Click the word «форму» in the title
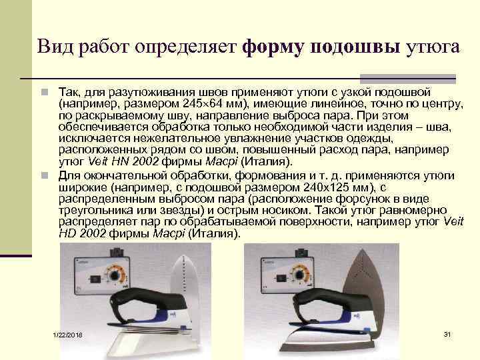click(273, 47)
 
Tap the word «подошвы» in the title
click(355, 47)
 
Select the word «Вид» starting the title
click(55, 47)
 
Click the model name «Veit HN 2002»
click(123, 161)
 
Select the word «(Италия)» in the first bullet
click(267, 161)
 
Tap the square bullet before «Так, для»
click(45, 92)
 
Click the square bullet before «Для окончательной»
click(45, 175)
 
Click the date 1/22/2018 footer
click(67, 335)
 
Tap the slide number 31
click(447, 334)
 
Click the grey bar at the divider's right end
click(408, 79)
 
